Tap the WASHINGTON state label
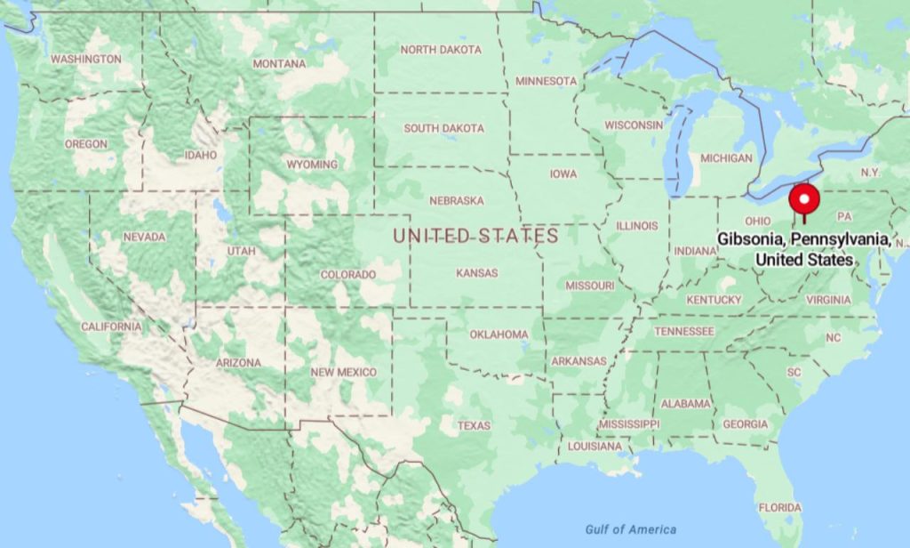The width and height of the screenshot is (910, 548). (86, 59)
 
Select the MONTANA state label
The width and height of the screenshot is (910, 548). (279, 64)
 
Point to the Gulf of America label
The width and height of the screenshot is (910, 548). (630, 529)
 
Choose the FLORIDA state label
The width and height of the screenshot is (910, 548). (779, 507)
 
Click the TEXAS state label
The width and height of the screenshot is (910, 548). (474, 425)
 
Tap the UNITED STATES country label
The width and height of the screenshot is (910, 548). (475, 236)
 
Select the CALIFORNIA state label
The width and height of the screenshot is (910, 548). (111, 326)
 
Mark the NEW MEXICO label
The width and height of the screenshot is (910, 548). (344, 372)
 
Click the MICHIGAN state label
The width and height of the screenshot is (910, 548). (726, 158)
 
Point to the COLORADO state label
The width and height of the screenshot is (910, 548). (348, 275)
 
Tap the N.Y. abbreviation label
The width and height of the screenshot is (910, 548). (870, 171)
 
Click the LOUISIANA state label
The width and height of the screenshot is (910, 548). (595, 446)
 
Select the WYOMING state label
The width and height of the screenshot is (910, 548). (311, 165)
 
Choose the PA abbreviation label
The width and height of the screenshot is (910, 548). (844, 216)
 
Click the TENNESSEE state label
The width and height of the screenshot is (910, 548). (684, 331)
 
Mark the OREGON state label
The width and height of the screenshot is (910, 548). (86, 144)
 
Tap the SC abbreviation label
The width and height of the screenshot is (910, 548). (794, 371)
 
